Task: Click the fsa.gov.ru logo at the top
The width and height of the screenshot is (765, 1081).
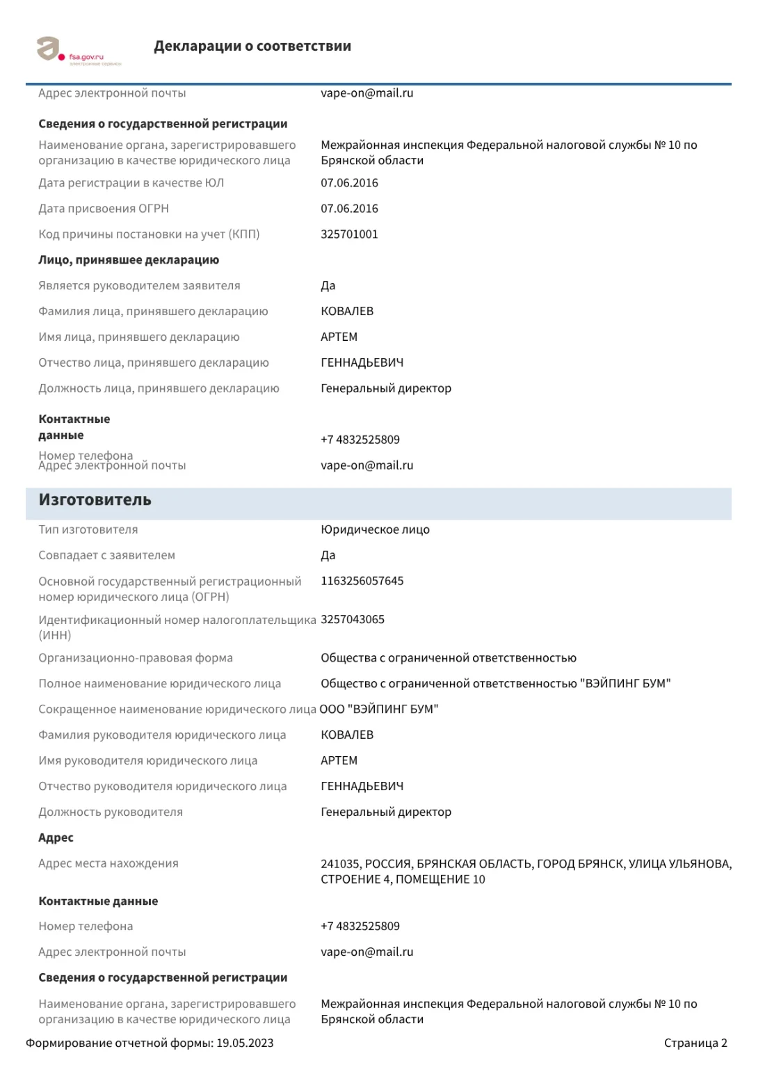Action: click(78, 51)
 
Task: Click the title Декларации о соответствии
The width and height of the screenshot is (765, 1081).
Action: click(252, 47)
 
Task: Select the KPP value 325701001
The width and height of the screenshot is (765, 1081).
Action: click(349, 234)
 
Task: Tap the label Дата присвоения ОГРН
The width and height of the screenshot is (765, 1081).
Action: click(104, 209)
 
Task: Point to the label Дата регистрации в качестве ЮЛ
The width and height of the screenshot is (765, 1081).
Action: click(131, 183)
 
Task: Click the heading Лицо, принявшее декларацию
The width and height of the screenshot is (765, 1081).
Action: click(129, 260)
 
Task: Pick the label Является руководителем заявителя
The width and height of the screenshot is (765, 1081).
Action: click(139, 286)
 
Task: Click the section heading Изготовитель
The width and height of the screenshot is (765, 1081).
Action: click(95, 500)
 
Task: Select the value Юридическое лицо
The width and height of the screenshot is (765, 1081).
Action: click(375, 530)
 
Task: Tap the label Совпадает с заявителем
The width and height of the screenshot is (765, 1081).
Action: click(106, 556)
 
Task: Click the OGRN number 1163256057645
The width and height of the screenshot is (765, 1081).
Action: click(362, 582)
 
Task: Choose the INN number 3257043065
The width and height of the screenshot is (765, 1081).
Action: click(352, 620)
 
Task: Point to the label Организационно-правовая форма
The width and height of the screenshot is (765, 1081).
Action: click(136, 658)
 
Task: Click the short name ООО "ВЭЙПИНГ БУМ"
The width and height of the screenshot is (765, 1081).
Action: click(379, 710)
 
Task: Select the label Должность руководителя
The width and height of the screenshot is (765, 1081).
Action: click(111, 812)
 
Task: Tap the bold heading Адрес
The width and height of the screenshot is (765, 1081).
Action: click(56, 838)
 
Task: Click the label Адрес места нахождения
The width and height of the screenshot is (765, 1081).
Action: click(108, 864)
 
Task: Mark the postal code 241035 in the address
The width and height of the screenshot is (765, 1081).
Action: click(339, 865)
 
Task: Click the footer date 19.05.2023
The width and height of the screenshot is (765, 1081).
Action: click(245, 1043)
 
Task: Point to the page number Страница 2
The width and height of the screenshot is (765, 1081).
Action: click(695, 1043)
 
